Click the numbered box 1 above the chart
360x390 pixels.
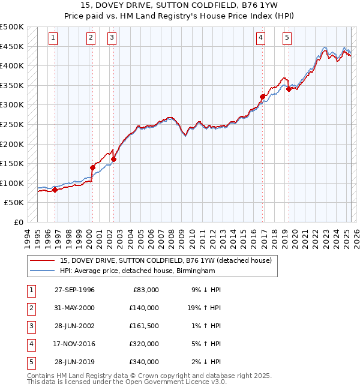53,38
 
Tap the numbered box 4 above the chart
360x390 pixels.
262,38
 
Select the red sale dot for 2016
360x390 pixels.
262,97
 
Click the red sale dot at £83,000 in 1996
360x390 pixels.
55,190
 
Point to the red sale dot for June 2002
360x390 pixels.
113,159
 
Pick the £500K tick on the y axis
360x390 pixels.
13,27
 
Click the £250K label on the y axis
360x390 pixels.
13,125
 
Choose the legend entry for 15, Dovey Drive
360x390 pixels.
166,260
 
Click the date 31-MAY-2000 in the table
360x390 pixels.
74,308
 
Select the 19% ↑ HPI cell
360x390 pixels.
203,308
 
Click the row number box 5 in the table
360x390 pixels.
30,362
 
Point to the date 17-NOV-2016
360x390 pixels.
74,344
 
